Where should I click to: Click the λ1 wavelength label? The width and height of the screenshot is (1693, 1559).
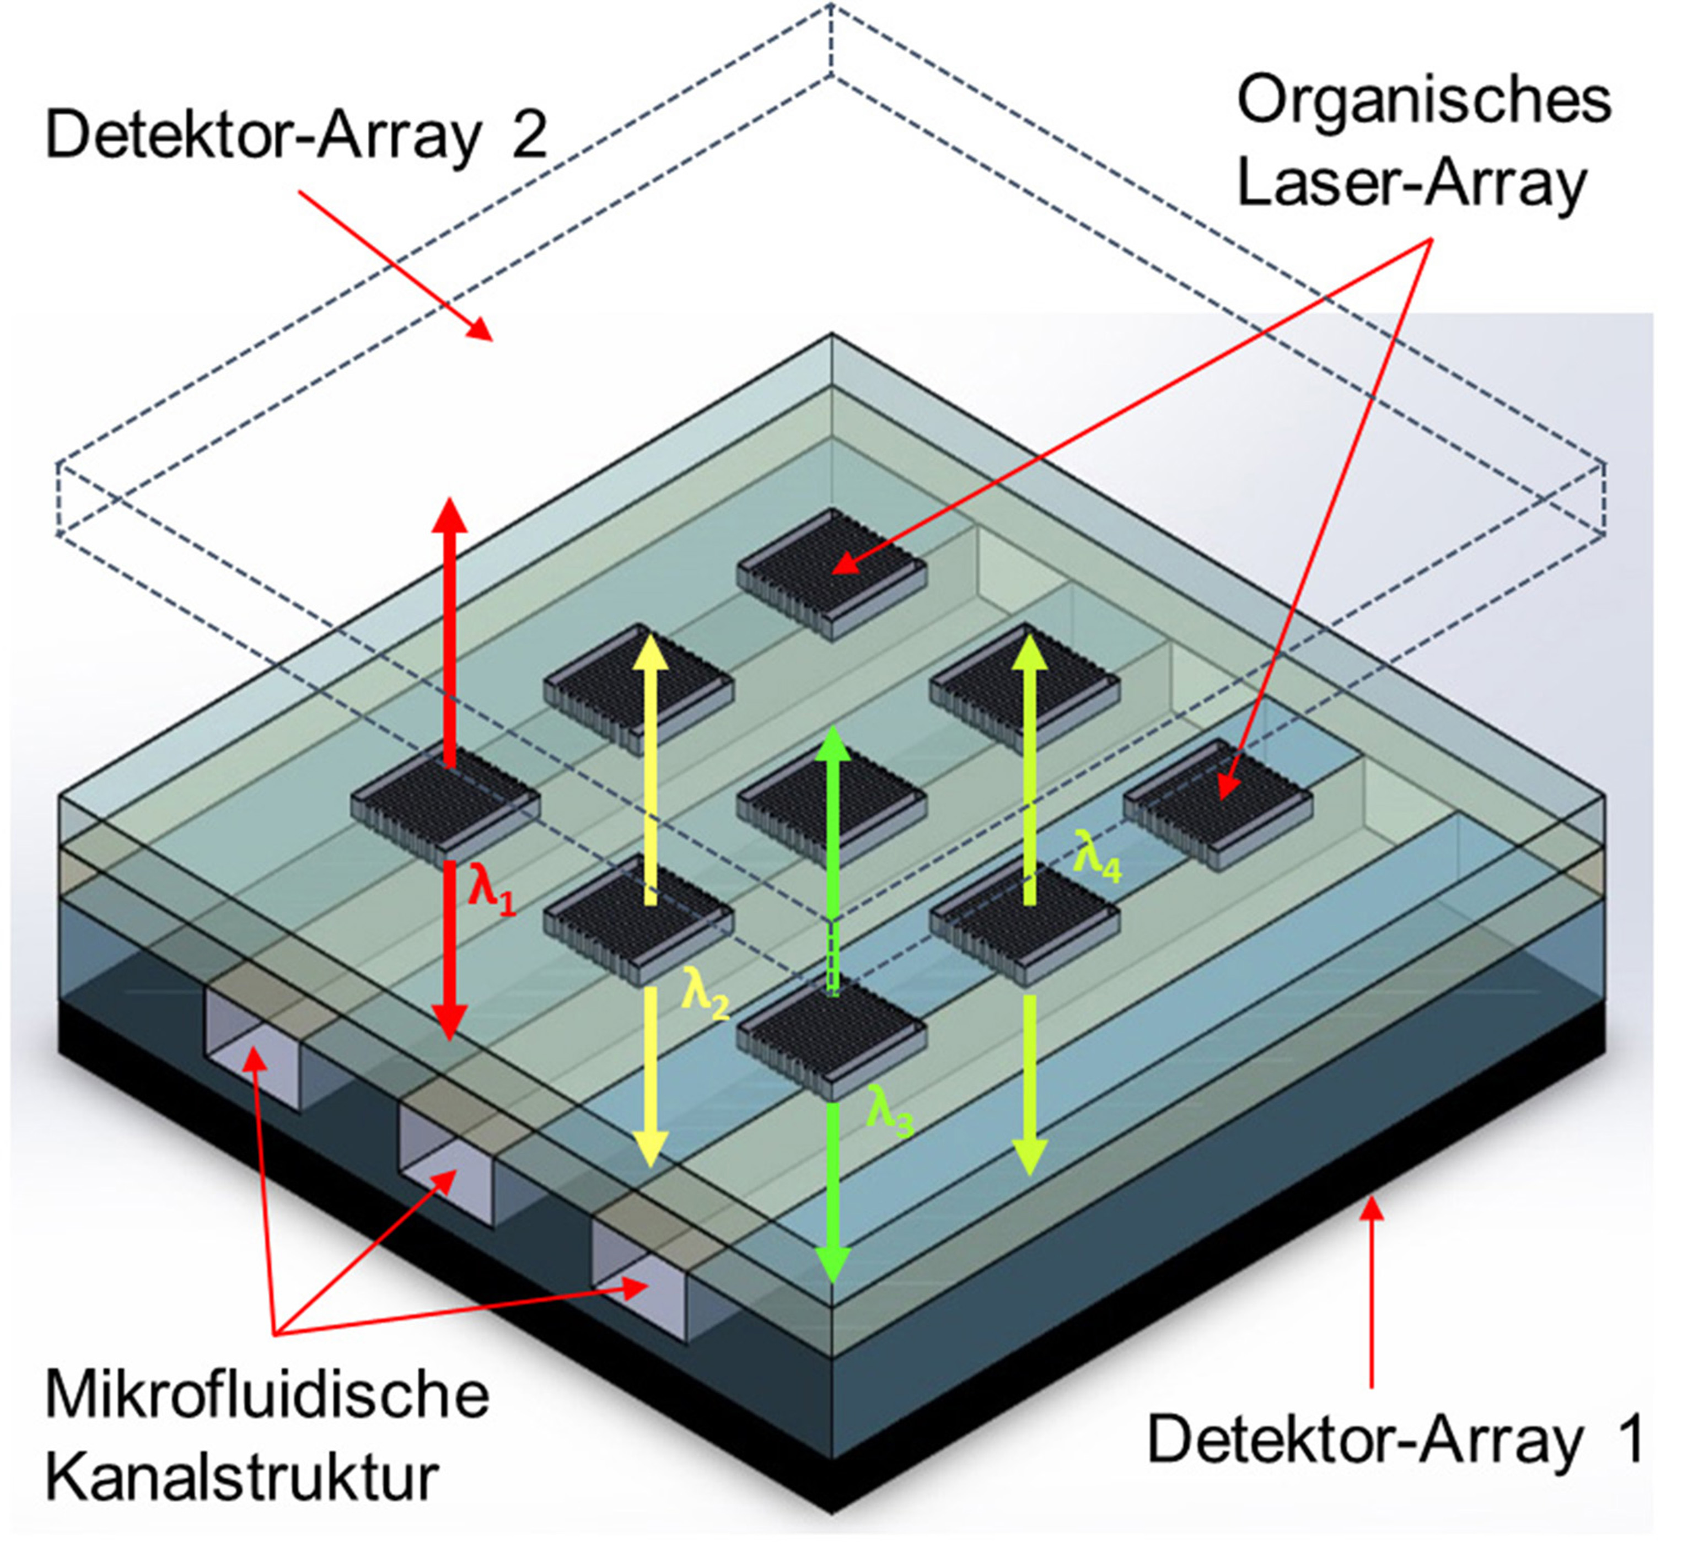pos(491,889)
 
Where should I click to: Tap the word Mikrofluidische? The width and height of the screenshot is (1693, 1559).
pos(267,1395)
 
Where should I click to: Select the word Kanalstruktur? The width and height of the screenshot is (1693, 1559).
pos(241,1476)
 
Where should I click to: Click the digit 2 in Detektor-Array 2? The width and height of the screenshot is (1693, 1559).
pos(528,135)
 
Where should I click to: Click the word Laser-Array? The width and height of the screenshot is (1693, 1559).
pos(1411,184)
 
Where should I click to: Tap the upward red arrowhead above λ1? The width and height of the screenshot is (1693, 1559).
pos(450,514)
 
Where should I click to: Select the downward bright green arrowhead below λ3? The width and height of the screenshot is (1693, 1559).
pos(832,1264)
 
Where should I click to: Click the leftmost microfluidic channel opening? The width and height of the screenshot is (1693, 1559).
pos(253,1050)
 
